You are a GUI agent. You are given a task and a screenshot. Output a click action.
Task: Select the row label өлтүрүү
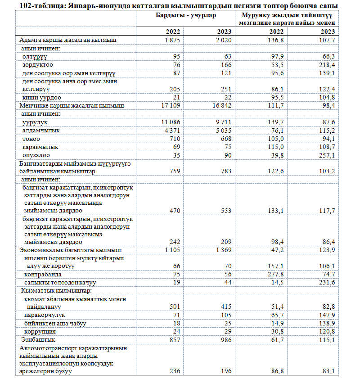coord(35,57)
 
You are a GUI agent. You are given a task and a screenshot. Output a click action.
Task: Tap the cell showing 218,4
coord(327,65)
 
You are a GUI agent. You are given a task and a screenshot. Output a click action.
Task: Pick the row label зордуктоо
coord(38,65)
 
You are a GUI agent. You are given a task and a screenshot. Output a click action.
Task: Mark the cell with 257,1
coord(327,155)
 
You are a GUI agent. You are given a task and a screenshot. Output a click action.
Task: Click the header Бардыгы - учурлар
coord(183,15)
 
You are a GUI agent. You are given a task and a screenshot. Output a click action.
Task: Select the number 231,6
coord(327,282)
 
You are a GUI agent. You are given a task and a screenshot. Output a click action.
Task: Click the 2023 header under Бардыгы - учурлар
coord(224,32)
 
